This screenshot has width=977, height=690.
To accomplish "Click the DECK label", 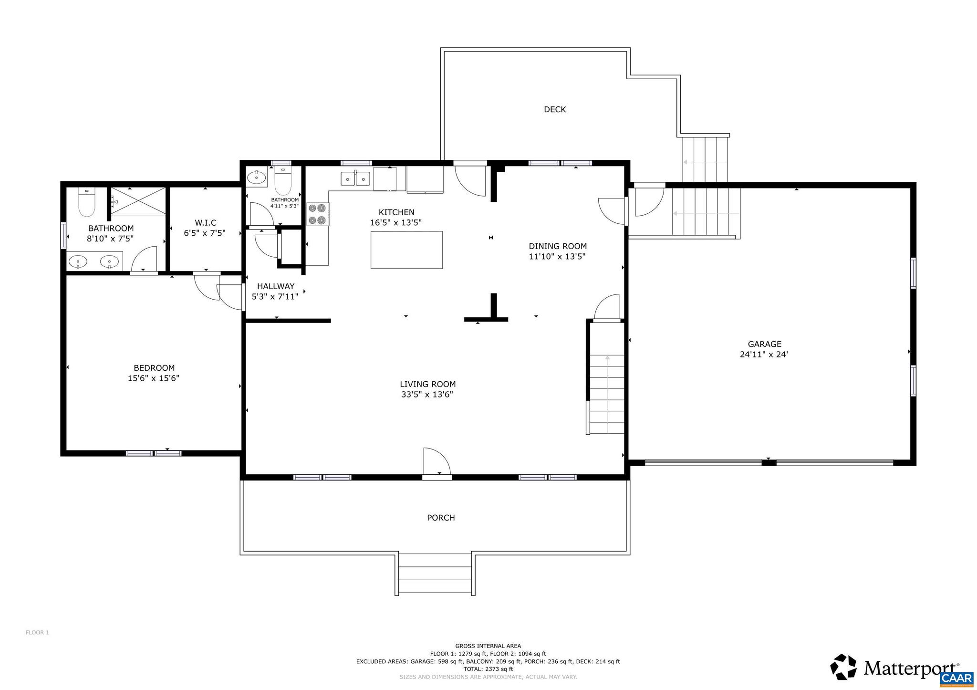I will coord(555,109).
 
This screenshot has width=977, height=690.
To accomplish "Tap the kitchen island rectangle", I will coord(406,250).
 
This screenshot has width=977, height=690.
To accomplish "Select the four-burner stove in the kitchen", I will coord(318,214).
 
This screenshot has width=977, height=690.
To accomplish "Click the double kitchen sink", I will coord(355,179).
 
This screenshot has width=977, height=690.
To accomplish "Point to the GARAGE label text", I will coord(764,344).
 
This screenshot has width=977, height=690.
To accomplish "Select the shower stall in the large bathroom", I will coord(138,201).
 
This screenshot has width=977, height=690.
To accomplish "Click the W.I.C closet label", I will coord(205,223).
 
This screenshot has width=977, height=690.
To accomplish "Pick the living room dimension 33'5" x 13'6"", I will coord(427,395).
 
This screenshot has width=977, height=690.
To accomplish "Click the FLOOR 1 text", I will coord(37,633).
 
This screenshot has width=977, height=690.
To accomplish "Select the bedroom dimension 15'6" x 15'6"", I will coord(154,378).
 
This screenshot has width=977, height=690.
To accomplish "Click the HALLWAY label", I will coord(275,286).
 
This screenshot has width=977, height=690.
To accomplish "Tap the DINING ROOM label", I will coord(557,246).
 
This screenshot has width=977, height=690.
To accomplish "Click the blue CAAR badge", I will coord(956,679).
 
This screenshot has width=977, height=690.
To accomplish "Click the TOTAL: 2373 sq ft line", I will coord(488,669).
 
